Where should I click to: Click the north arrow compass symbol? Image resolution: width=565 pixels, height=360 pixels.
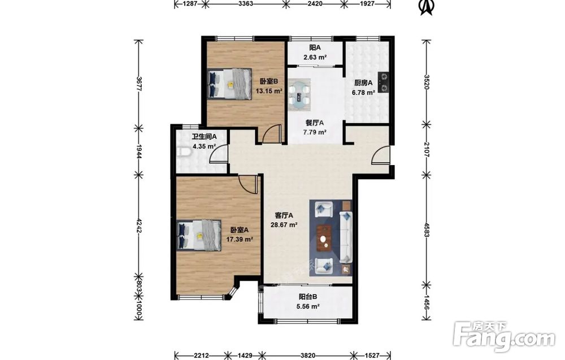(427, 7)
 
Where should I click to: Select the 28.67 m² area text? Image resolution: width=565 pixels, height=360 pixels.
(284, 225)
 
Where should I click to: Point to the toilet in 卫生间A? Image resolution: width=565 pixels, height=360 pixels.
(184, 153)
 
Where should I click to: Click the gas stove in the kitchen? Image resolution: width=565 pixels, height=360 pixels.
(383, 82)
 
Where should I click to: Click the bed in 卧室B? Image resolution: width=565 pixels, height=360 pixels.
(230, 84)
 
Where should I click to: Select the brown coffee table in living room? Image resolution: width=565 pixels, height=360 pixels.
(325, 238)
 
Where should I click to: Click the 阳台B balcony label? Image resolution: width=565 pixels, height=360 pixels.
(308, 297)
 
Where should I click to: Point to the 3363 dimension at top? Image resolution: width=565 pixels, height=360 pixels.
(245, 4)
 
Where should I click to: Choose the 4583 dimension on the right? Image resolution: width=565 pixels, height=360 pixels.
(427, 229)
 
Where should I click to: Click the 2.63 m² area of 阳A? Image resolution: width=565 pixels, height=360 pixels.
(315, 57)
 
